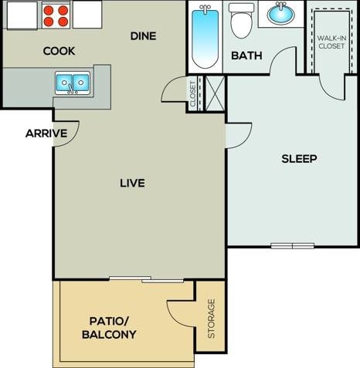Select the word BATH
coord(246,56)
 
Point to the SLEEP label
coord(299,159)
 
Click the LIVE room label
coord(133,184)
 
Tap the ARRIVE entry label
coord(46,133)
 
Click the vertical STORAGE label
coord(211,319)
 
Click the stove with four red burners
coord(55,13)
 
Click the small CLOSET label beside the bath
coord(193,93)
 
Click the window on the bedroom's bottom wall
coord(293,246)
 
